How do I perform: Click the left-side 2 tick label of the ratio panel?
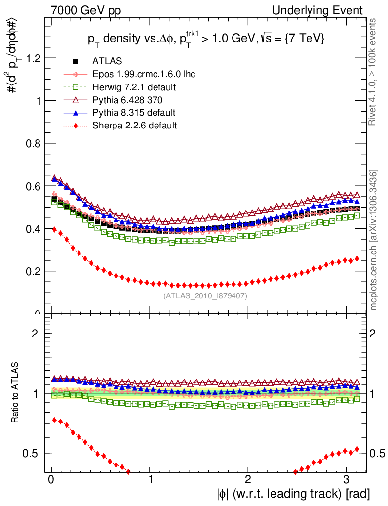(35, 333)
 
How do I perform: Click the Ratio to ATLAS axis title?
(16, 393)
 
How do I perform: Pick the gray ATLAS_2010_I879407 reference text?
(205, 296)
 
